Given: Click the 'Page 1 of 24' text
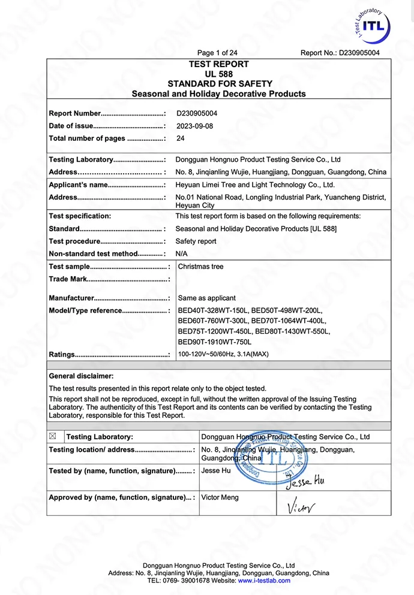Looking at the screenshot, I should [x=217, y=53].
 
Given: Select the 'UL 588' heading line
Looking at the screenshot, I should [x=218, y=74].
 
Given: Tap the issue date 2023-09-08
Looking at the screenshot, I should [x=194, y=126].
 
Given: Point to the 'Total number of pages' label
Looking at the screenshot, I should [x=87, y=138].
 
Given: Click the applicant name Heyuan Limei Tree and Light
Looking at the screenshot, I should [x=255, y=185].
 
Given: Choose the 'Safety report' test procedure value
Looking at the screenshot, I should [x=196, y=241].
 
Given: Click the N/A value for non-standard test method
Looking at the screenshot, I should [x=181, y=254].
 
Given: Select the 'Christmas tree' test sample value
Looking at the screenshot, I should [x=200, y=267].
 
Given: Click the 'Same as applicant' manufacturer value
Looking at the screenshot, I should [x=206, y=298].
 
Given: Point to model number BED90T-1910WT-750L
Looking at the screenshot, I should [x=214, y=342].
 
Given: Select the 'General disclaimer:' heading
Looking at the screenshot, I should [x=81, y=376].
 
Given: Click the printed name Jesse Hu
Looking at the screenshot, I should [x=216, y=471].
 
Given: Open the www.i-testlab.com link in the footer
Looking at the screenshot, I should [x=264, y=581].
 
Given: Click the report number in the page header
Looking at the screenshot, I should [x=340, y=53].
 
